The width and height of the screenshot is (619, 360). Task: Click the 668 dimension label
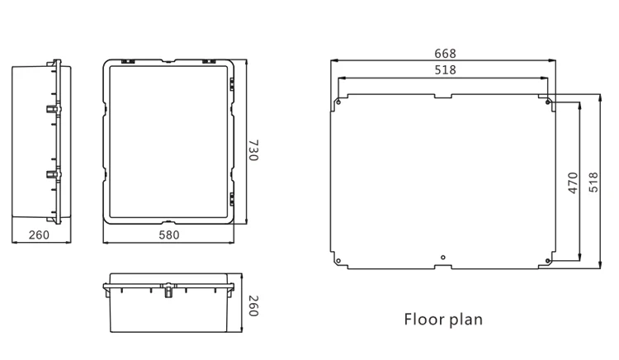coord(444,54)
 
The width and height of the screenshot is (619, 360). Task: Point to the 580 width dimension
coord(168,235)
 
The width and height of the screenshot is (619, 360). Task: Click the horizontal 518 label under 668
coord(444,70)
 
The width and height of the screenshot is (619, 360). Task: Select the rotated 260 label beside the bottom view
coord(253,306)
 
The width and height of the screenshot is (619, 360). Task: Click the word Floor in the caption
coord(423,319)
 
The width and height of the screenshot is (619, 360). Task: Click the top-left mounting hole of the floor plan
coord(338,103)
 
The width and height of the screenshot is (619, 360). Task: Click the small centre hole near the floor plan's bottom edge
coord(444,256)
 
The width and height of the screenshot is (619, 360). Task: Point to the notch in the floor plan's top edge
coord(444,97)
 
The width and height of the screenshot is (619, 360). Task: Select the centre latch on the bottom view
coord(168,289)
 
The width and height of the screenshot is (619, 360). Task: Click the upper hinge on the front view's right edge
coord(231,86)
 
